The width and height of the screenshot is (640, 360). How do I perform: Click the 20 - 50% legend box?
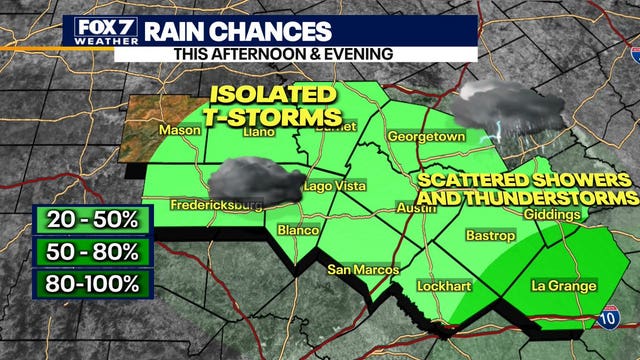(x=91, y=218)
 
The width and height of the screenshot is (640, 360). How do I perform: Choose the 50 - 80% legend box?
(x=91, y=250)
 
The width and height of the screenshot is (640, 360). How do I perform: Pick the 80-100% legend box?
(x=91, y=283)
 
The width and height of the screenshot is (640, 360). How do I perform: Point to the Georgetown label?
(x=426, y=136)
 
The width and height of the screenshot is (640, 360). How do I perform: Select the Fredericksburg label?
(x=203, y=205)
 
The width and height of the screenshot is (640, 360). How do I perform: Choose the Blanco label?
(x=299, y=230)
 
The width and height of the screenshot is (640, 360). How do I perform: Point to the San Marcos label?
(x=363, y=270)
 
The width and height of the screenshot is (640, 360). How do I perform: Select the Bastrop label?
(x=490, y=236)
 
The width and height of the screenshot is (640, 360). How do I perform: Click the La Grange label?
(x=563, y=286)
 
